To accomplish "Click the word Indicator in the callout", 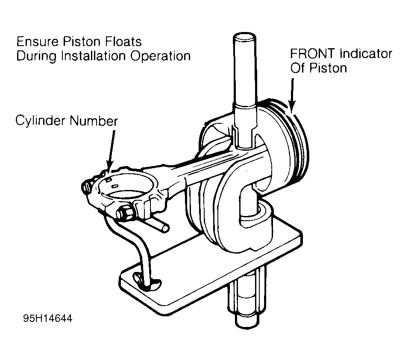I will (367, 54).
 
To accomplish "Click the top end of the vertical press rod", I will (246, 36).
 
